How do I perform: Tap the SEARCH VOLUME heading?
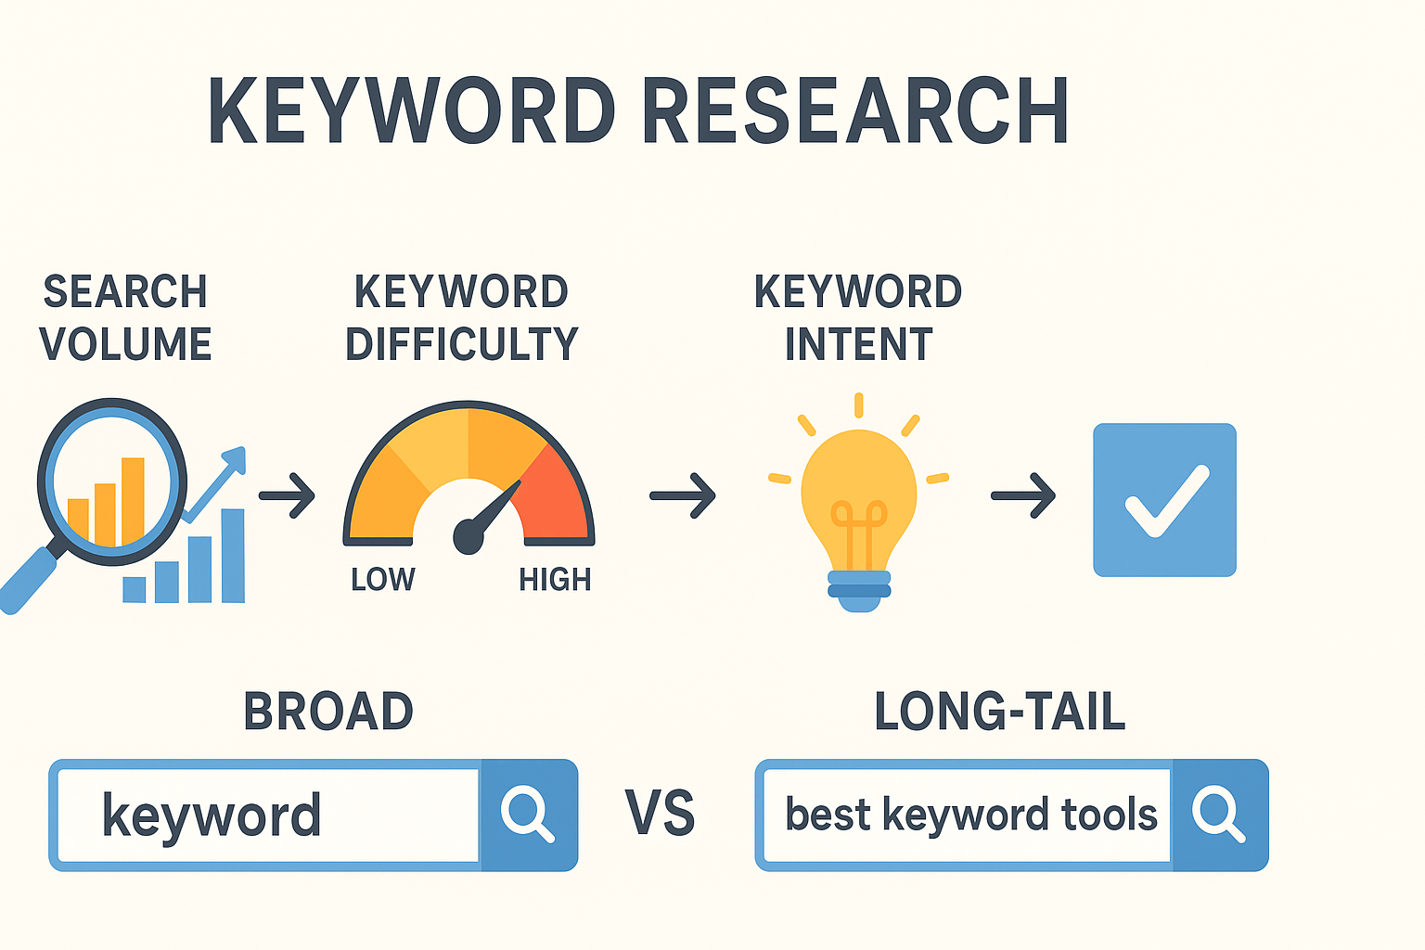[x=125, y=318]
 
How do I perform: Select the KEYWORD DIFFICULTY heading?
[x=461, y=318]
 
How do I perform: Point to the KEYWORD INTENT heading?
[x=858, y=318]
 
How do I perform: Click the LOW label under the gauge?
[x=382, y=580]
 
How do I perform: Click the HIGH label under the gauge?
[x=555, y=580]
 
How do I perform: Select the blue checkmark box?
[x=1164, y=500]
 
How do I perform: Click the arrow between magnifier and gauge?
[x=288, y=495]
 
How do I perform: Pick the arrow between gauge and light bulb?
[x=683, y=495]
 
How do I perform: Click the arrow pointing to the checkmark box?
[x=1023, y=495]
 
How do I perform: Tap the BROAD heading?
[x=328, y=712]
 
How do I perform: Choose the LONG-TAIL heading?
[x=999, y=712]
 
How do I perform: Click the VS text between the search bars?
[x=660, y=814]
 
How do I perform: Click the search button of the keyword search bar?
[x=528, y=815]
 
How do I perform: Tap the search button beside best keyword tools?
[x=1218, y=815]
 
